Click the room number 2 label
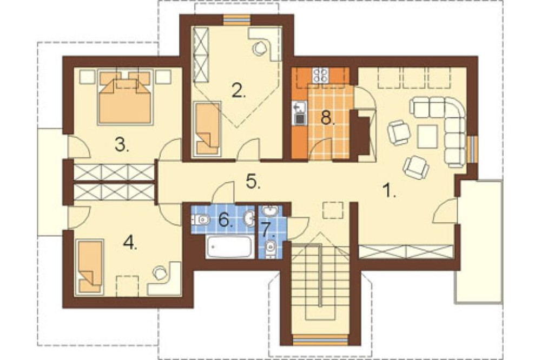pos(239,91)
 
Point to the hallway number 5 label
pos(253,182)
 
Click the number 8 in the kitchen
pos(328,118)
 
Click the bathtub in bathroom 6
pos(229,247)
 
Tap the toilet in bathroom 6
pos(201,219)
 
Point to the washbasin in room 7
pos(270,210)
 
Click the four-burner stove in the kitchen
pos(321,75)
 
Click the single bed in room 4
pos(89,267)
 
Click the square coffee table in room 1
pos(428,137)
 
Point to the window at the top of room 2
pos(236,19)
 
